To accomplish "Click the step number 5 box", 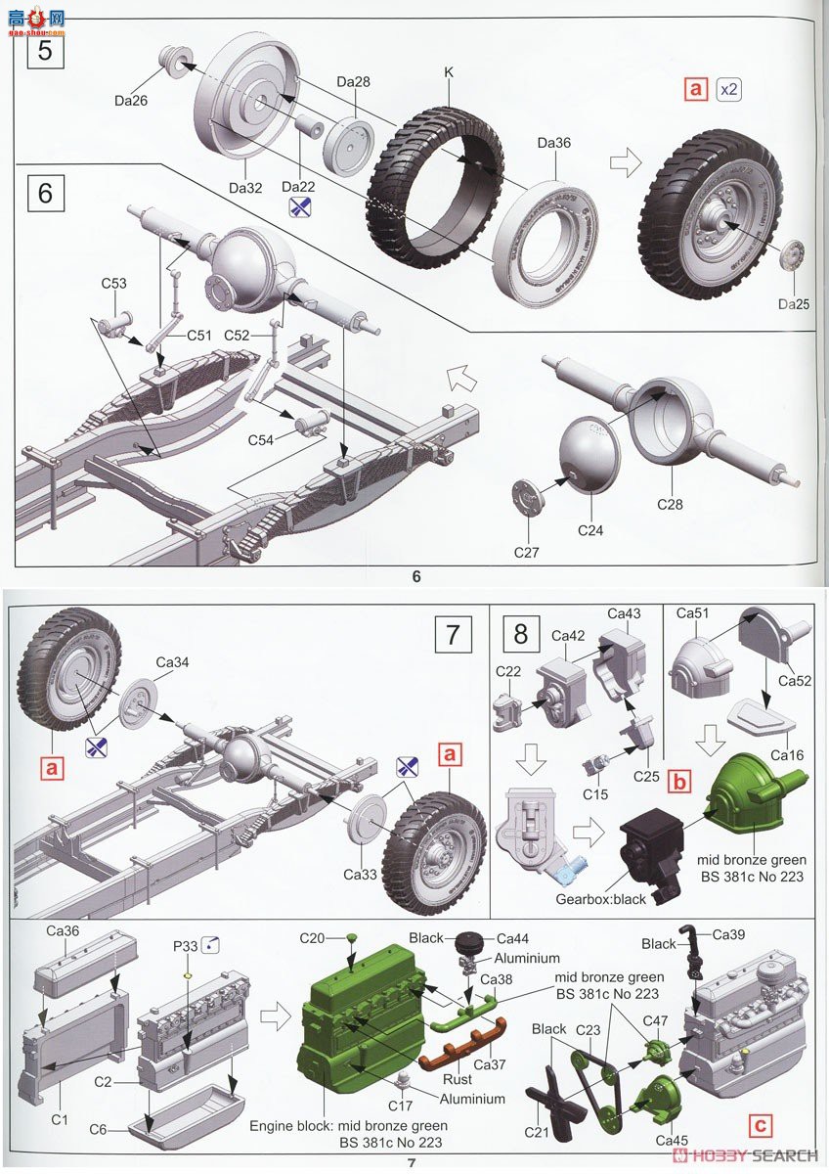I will (x=45, y=50).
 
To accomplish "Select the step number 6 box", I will (x=45, y=192).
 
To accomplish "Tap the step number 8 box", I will (x=520, y=633).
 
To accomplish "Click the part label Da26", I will (x=129, y=99).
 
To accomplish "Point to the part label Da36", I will (x=553, y=143).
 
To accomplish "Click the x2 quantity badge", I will (x=728, y=89).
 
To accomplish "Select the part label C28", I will (x=670, y=505).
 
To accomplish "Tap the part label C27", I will (x=527, y=553).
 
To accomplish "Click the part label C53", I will (x=114, y=284).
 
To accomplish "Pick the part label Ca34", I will (x=171, y=662).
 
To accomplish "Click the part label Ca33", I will (x=360, y=875).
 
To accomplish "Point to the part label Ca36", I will (x=63, y=930).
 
